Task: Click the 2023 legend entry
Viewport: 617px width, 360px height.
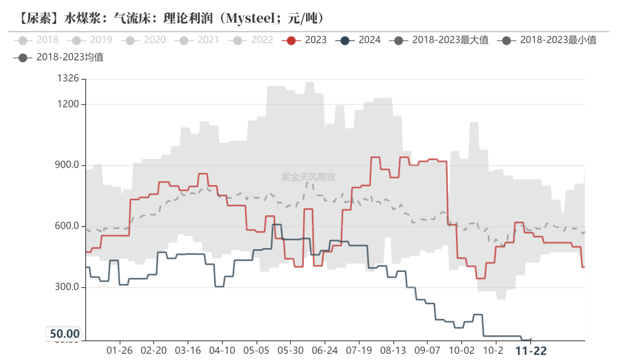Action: coord(307,40)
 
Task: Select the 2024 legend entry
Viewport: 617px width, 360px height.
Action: coord(360,40)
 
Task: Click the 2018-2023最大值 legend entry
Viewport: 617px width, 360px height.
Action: coord(440,40)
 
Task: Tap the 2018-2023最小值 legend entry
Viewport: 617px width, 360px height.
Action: coord(547,40)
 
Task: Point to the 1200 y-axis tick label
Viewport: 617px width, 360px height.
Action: coord(68,105)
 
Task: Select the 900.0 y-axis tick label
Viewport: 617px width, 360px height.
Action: coord(66,166)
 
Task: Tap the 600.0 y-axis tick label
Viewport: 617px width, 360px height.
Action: coord(66,226)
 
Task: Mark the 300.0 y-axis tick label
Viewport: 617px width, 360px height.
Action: coord(66,287)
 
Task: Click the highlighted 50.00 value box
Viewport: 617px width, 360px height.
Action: coord(65,334)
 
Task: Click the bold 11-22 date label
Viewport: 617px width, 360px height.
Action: coord(531,350)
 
